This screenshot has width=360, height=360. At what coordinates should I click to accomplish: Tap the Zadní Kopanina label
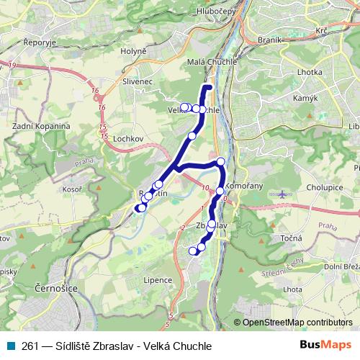click(x=41, y=126)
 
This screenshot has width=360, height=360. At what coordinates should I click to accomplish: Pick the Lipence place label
click(x=158, y=279)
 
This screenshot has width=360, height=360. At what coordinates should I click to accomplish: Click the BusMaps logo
click(x=326, y=346)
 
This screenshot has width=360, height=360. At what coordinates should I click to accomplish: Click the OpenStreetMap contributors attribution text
click(x=297, y=322)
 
